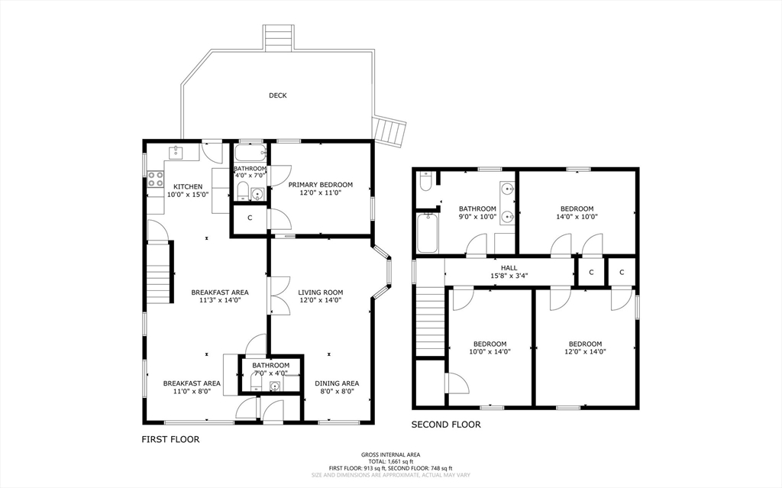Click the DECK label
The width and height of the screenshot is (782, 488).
click(x=278, y=95)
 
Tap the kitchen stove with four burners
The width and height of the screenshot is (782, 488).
click(x=156, y=179)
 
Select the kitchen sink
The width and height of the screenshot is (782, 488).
click(x=176, y=152)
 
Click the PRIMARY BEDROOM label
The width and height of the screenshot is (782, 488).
click(x=321, y=185)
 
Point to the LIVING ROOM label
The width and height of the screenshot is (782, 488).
click(x=321, y=292)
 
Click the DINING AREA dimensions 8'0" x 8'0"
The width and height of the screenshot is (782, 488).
click(x=337, y=392)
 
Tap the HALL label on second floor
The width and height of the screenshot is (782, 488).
click(x=509, y=268)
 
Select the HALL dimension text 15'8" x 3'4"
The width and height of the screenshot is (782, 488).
click(x=509, y=276)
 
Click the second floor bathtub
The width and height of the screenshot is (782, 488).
click(x=428, y=233)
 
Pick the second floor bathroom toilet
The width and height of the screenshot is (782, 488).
click(x=426, y=182)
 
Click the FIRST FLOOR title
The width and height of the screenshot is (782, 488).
click(x=170, y=440)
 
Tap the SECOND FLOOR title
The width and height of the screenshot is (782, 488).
click(x=446, y=425)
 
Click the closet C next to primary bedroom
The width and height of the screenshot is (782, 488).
click(x=250, y=218)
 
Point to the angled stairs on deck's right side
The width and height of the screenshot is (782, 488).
click(x=390, y=131)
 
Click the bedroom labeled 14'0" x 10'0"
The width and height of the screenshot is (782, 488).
click(x=577, y=213)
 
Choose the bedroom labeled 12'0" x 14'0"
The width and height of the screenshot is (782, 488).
click(x=586, y=347)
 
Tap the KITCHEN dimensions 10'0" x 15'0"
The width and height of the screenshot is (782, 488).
click(x=188, y=195)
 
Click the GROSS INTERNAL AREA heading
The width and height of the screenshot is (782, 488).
click(x=390, y=454)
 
